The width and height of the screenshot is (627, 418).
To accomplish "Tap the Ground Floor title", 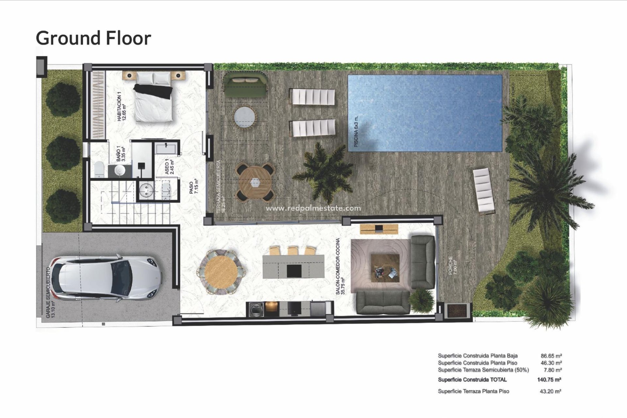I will click(x=93, y=38).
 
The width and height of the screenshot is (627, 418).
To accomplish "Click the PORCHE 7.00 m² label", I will click(x=453, y=265).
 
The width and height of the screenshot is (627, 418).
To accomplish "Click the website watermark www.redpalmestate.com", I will click(x=313, y=208).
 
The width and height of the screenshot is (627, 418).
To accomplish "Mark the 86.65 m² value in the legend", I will click(x=551, y=356).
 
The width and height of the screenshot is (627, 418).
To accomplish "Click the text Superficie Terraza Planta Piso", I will click(x=473, y=391).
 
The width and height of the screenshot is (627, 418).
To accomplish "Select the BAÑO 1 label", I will click(x=121, y=153).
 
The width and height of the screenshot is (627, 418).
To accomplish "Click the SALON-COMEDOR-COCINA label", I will click(x=340, y=266).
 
